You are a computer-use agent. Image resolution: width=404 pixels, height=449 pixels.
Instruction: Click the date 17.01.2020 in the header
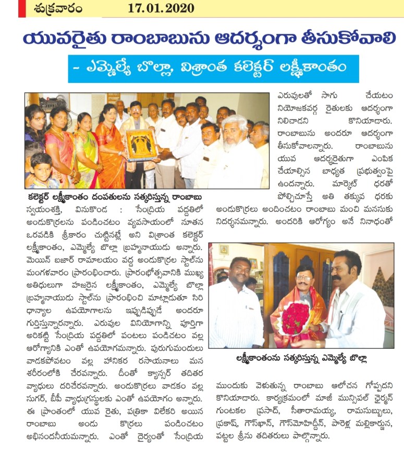point(161,8)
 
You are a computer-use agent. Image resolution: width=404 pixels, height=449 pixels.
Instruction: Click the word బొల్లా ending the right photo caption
point(354,358)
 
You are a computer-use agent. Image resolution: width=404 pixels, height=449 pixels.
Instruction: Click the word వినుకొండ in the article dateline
point(89,208)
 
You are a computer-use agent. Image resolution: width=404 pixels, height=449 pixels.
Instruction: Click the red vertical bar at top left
point(21,8)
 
